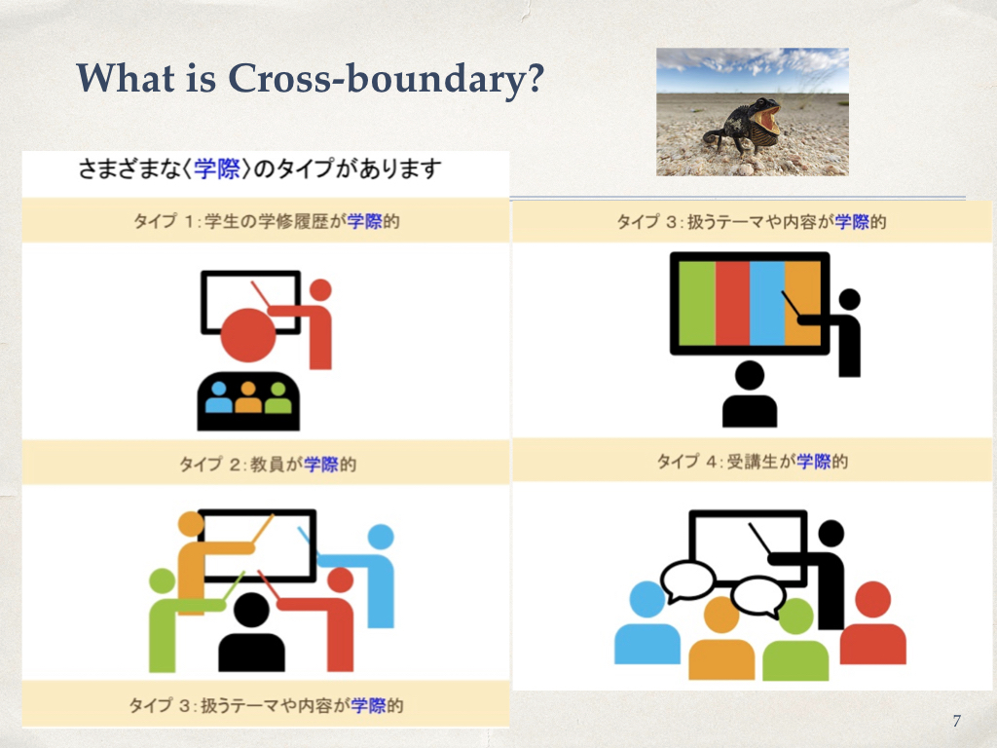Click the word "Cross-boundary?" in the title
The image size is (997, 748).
tap(386, 79)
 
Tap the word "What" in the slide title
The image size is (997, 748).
tap(126, 78)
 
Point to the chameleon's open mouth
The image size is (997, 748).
tap(768, 119)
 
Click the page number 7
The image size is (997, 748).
tap(956, 721)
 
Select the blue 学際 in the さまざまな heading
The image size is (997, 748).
tap(217, 169)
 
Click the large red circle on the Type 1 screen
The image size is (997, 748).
tap(248, 335)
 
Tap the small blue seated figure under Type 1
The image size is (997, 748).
tap(219, 397)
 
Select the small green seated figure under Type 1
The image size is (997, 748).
tap(277, 397)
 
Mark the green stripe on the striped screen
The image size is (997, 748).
tap(697, 304)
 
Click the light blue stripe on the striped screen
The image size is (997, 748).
tap(767, 304)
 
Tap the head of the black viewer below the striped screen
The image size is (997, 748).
tap(750, 375)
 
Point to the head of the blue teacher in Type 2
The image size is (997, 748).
tap(381, 537)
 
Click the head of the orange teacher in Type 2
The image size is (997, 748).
tap(191, 523)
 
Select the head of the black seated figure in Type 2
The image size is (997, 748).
tap(252, 610)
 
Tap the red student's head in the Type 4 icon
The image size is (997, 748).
tap(873, 599)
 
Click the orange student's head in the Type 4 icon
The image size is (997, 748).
tap(721, 615)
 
